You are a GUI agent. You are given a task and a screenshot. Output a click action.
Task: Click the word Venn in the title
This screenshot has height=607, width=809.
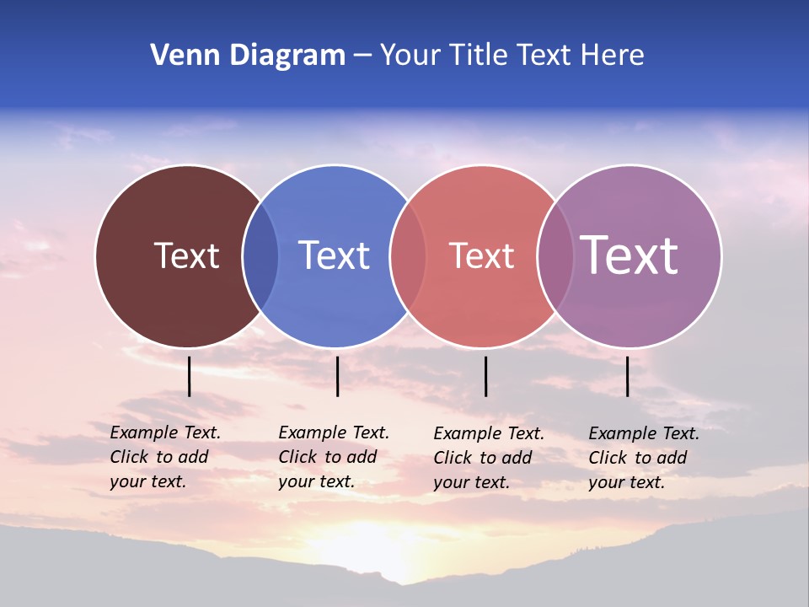point(179,56)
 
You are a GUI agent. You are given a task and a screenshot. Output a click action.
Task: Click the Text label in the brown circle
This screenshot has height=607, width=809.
point(187,255)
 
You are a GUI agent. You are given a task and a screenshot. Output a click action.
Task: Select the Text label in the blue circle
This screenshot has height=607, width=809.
point(335,255)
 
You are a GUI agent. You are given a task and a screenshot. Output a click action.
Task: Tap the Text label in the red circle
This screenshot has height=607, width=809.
point(481,255)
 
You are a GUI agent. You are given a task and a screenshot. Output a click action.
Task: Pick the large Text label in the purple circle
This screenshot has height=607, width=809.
point(630,255)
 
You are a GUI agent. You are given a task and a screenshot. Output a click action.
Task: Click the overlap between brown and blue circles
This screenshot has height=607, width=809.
point(260,256)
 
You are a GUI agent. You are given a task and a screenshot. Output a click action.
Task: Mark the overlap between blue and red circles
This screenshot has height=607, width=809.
point(408,256)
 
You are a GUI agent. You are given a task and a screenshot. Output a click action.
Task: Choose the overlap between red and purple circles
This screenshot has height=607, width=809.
point(555,256)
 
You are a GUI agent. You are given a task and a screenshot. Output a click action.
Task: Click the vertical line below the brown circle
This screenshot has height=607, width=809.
point(190,376)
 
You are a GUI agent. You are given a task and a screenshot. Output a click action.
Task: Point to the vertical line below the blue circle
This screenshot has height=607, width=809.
point(337,376)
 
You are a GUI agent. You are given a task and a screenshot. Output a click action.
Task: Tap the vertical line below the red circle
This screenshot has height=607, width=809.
point(485,376)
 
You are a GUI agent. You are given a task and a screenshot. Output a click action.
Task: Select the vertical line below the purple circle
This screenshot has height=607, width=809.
point(627,376)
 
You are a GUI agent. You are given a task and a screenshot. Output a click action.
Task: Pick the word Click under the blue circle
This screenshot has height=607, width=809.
point(297,457)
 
